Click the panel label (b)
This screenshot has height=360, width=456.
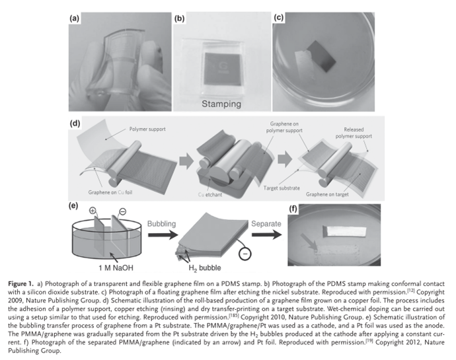(x=179, y=18)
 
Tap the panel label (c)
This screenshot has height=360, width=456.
(x=280, y=18)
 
